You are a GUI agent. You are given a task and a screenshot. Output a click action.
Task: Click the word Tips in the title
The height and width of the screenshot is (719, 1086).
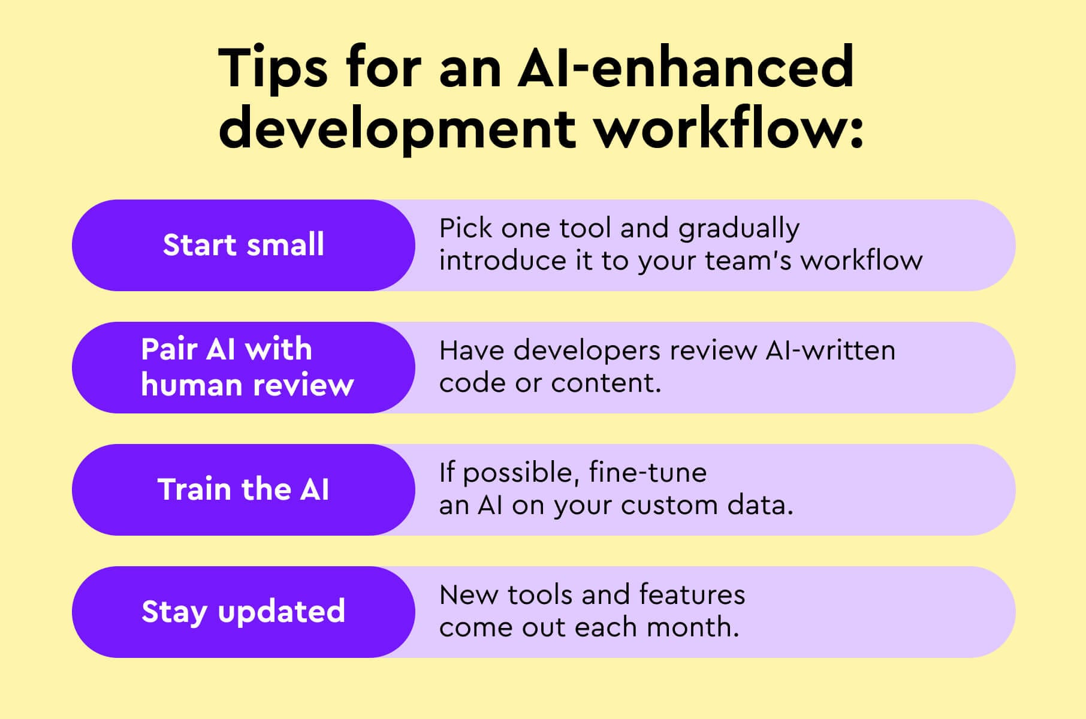coord(273,67)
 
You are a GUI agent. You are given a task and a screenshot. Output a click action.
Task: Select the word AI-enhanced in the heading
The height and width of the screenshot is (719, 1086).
coord(686,67)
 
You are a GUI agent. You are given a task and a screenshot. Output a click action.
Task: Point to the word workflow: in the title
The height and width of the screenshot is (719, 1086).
coord(729,129)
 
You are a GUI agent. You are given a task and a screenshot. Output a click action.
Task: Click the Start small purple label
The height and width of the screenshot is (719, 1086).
coord(243,245)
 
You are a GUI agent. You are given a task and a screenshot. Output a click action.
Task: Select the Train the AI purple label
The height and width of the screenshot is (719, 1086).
coord(243,490)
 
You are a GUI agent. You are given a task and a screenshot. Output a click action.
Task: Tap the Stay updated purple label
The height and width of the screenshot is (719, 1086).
coord(243,612)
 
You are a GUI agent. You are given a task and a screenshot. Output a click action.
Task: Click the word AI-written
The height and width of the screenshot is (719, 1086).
coord(830,351)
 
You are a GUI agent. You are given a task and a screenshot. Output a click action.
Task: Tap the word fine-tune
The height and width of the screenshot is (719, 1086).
coord(647,473)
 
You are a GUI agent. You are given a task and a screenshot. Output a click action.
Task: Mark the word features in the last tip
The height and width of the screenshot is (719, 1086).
coord(692,595)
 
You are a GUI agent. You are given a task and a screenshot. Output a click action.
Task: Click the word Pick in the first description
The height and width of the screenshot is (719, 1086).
coord(465,228)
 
